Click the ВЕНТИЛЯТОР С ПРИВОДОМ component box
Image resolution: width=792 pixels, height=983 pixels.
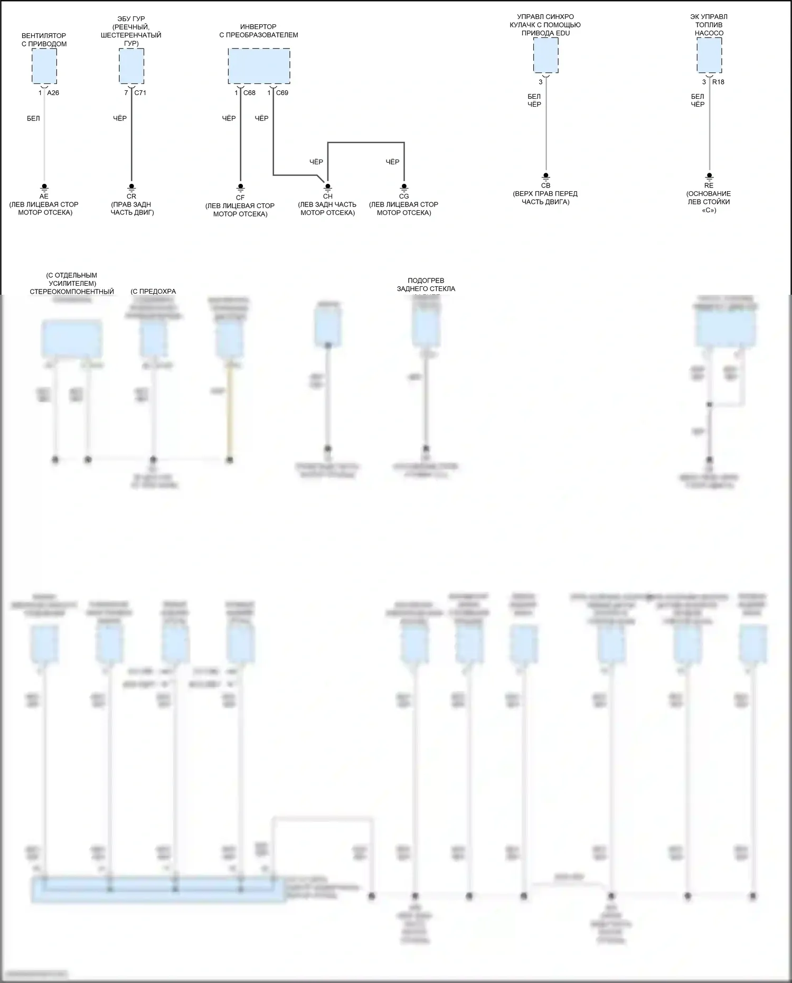click(x=44, y=66)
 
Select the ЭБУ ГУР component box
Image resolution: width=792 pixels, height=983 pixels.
click(x=131, y=66)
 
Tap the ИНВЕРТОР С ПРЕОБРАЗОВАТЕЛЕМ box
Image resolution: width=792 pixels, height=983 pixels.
click(x=259, y=66)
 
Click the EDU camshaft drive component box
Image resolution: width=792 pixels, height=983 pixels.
click(x=545, y=55)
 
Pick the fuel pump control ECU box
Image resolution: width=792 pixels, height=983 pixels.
click(x=709, y=55)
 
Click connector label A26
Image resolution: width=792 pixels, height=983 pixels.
click(x=53, y=93)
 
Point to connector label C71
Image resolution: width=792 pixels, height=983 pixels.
click(x=140, y=93)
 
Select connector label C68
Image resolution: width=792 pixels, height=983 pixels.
click(x=249, y=93)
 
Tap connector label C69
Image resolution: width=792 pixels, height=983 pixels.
click(x=282, y=93)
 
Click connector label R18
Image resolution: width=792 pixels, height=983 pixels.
click(x=718, y=82)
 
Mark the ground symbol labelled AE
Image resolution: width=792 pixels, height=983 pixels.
click(x=44, y=188)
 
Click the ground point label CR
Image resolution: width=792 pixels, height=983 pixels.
click(x=131, y=196)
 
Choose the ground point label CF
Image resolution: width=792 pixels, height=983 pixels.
click(x=240, y=198)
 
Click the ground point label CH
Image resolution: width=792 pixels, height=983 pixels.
click(x=327, y=196)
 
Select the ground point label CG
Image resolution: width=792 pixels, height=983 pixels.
click(x=404, y=196)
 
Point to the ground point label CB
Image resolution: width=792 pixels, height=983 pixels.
click(x=545, y=185)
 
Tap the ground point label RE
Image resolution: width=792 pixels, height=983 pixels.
click(x=709, y=185)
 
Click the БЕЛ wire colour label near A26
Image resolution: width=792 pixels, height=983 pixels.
click(x=33, y=118)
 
